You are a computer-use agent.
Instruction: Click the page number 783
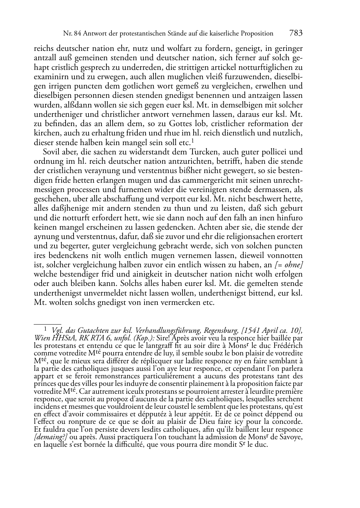coord(296,33)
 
